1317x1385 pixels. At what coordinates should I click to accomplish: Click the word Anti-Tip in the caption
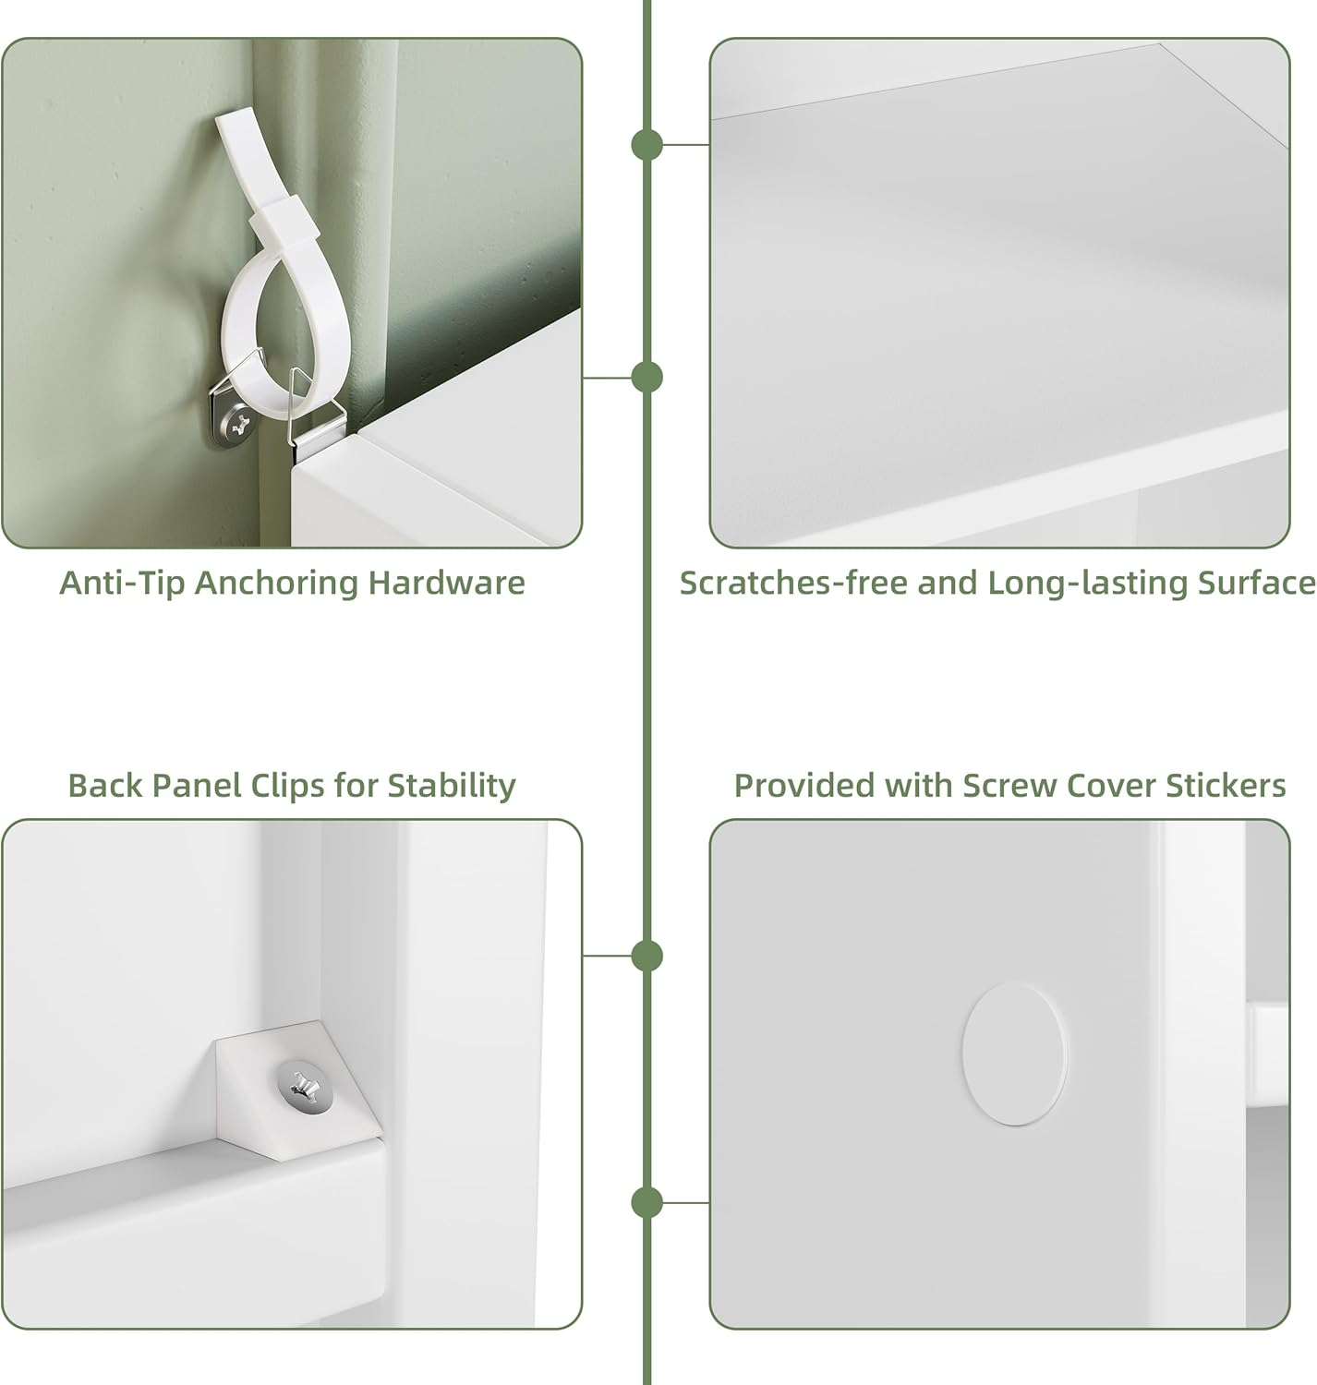click(x=122, y=584)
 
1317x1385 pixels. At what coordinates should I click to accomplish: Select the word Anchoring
click(x=276, y=584)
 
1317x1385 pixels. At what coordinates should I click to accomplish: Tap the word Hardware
click(x=446, y=584)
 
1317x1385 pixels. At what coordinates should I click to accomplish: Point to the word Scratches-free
click(x=793, y=584)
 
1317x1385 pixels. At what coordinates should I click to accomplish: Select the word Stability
click(x=451, y=787)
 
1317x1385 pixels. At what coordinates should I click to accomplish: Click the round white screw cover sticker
click(x=1014, y=1054)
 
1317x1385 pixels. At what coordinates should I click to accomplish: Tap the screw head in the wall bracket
click(x=239, y=424)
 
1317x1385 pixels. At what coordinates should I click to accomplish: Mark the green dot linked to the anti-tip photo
click(x=646, y=378)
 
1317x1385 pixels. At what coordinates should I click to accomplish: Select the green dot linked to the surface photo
click(x=646, y=144)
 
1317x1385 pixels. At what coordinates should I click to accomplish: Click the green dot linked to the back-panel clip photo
click(x=646, y=956)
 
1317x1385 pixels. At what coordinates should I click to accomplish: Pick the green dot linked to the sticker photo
click(x=646, y=1202)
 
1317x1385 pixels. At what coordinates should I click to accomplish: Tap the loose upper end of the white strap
click(x=235, y=120)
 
